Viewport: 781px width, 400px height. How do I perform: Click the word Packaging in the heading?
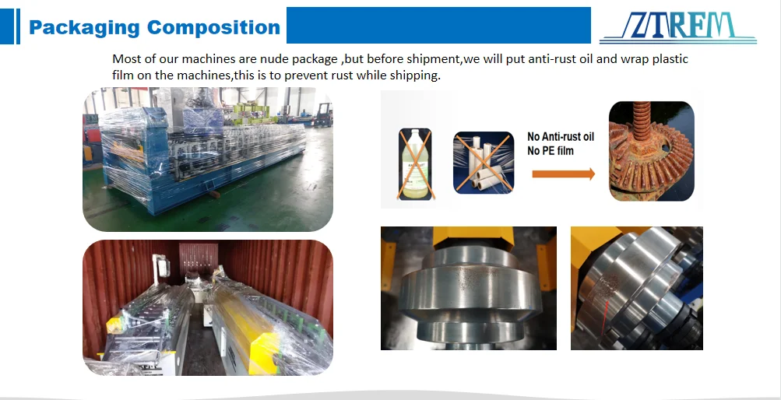point(84,28)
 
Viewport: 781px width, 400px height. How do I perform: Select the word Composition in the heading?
point(213,28)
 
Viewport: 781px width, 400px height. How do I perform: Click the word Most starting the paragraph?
point(127,59)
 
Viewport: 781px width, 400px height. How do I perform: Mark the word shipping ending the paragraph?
point(417,75)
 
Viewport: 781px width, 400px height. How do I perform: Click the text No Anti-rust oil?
point(560,137)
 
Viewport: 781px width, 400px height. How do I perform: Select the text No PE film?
point(551,150)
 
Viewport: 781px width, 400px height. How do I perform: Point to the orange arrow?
point(563,174)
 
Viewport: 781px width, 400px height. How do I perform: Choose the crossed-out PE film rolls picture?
point(483,162)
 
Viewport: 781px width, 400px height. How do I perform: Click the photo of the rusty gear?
point(651,151)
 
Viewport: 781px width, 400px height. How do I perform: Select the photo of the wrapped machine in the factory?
point(207,160)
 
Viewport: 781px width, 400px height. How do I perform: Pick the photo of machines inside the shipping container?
point(207,307)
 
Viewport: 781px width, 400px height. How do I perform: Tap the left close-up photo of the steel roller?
point(468,288)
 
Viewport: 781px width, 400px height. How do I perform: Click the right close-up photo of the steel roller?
point(636,288)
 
